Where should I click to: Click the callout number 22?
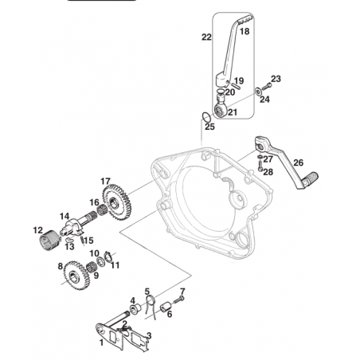[x=206, y=37]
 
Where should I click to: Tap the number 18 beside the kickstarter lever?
[x=245, y=31]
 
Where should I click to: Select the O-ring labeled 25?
[x=206, y=116]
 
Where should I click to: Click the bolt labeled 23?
[x=267, y=86]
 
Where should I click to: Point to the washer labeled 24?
[x=258, y=92]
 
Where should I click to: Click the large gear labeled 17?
[x=115, y=202]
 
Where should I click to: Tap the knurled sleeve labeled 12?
[x=48, y=241]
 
